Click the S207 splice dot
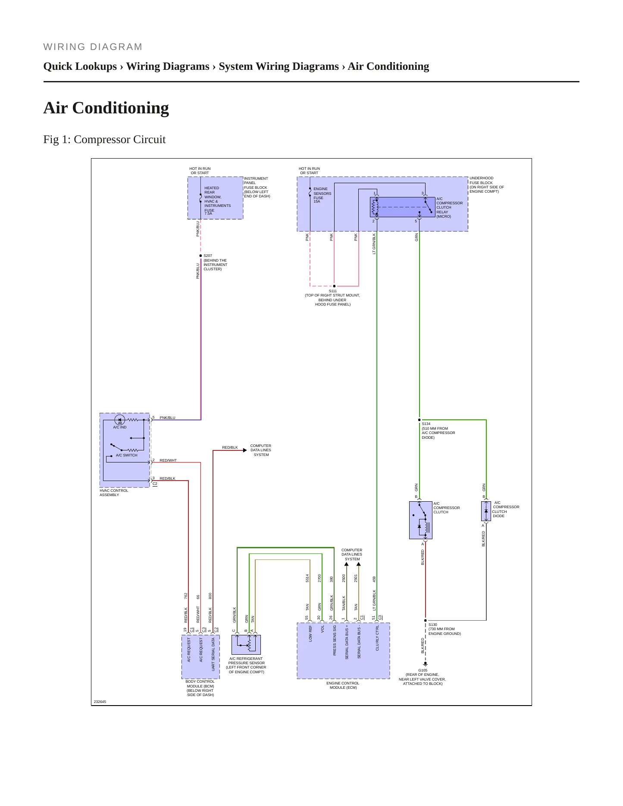(x=200, y=256)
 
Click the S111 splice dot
(x=334, y=286)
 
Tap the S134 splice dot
(x=419, y=420)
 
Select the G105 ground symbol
(x=425, y=664)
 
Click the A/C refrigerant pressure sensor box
(x=246, y=644)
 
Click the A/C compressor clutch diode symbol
(x=486, y=511)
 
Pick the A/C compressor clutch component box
(x=420, y=520)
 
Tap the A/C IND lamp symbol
(x=120, y=419)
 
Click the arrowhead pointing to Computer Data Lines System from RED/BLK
(x=245, y=450)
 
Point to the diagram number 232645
(x=100, y=702)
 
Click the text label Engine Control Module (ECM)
(x=343, y=685)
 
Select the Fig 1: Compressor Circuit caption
(x=104, y=140)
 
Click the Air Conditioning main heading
(x=106, y=108)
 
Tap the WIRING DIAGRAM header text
(x=93, y=47)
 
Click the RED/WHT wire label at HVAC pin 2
(x=168, y=460)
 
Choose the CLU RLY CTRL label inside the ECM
(x=377, y=638)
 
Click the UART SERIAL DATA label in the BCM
(x=213, y=654)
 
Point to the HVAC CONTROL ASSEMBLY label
(x=114, y=493)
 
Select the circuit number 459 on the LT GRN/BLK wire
(x=374, y=579)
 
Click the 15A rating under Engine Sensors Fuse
(x=317, y=201)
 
